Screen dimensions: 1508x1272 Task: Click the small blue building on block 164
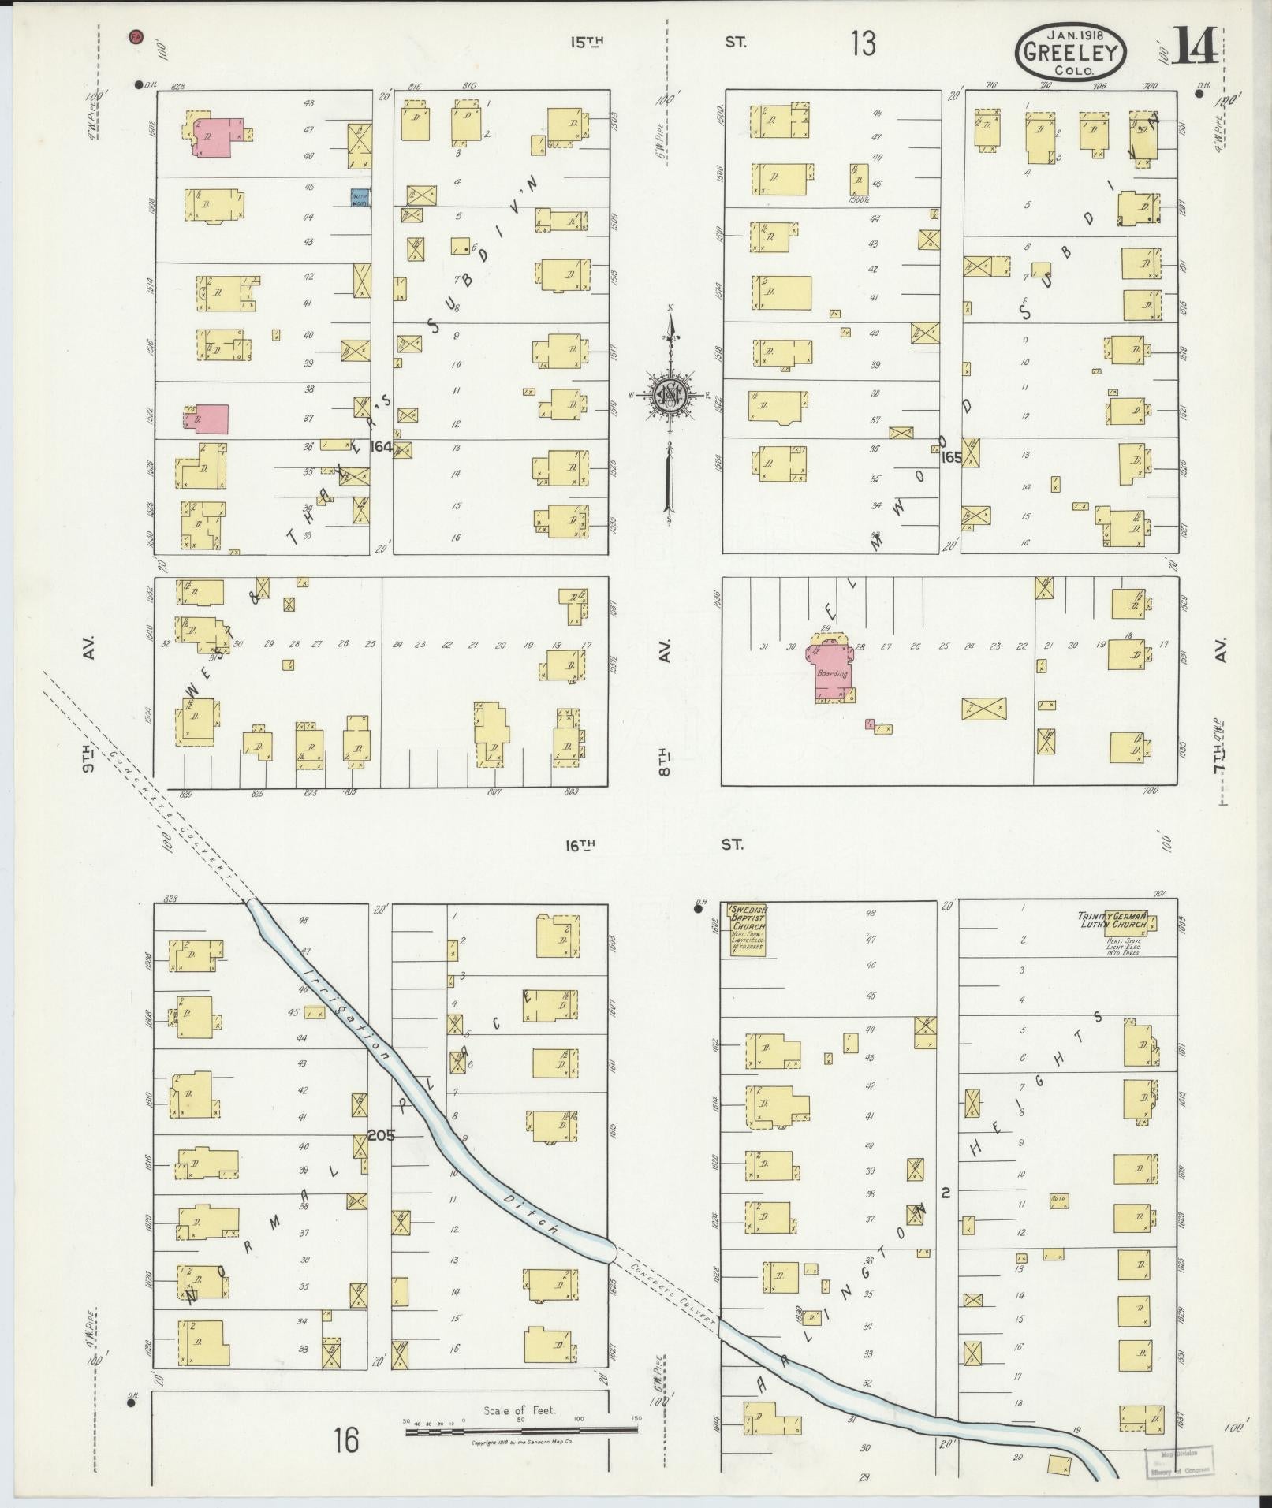pyautogui.click(x=360, y=199)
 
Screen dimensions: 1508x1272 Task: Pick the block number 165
pyautogui.click(x=951, y=456)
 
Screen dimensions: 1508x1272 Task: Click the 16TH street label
pyautogui.click(x=580, y=845)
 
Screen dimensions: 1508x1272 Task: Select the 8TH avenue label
pyautogui.click(x=665, y=762)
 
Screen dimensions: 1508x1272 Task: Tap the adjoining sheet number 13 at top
pyautogui.click(x=864, y=43)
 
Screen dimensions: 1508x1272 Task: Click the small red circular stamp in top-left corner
pyautogui.click(x=136, y=36)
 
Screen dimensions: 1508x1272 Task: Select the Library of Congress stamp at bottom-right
pyautogui.click(x=1173, y=1461)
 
